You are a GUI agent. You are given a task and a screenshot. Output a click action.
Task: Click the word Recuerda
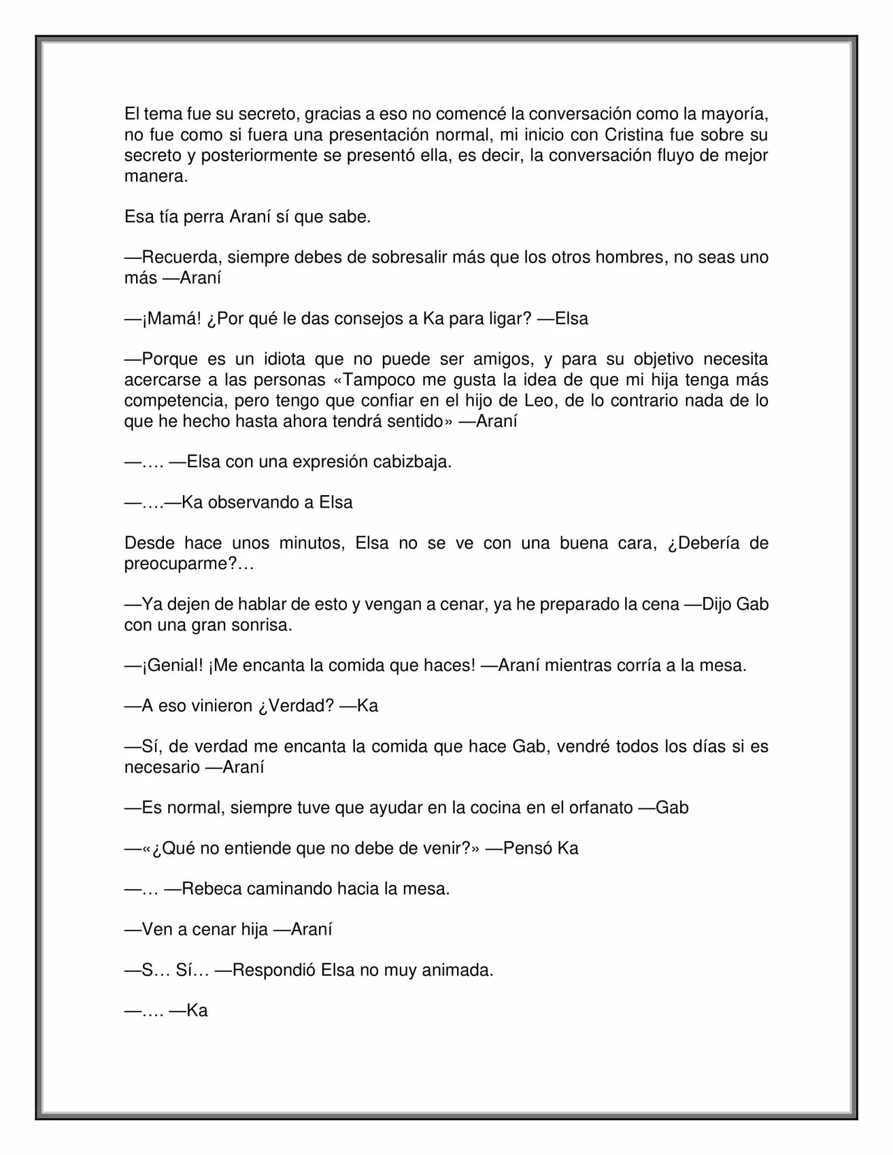pos(180,257)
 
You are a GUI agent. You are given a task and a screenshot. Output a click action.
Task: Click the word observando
pos(253,503)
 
